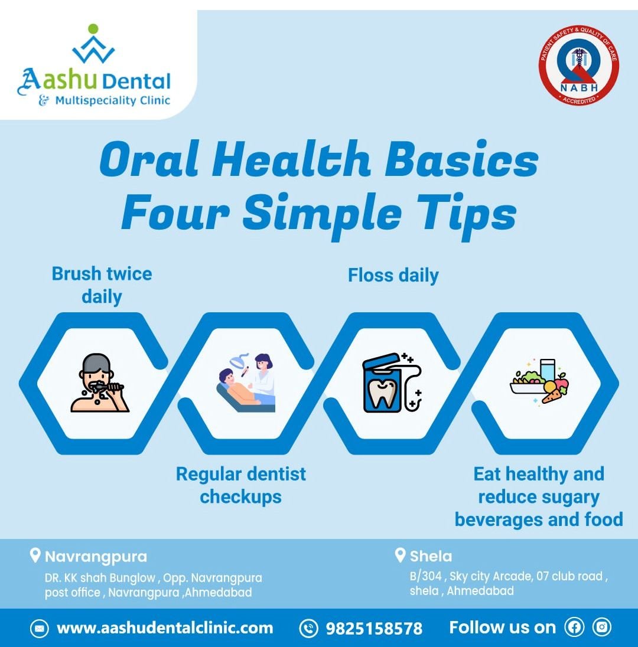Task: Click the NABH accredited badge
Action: [578, 65]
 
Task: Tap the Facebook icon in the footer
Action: [574, 627]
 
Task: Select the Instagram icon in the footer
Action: [601, 627]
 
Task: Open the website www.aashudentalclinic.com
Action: [165, 628]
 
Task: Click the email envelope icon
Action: [39, 629]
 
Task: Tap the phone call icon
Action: [308, 628]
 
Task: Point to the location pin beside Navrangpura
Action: [35, 555]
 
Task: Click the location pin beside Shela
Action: [400, 555]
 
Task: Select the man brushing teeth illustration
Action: [100, 383]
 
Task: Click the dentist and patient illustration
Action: [246, 383]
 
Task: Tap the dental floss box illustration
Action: [392, 383]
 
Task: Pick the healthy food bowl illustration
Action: [539, 382]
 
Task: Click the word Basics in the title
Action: [461, 160]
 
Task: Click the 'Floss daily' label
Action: [393, 276]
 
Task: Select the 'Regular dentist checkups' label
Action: [241, 485]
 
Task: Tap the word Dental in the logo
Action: [136, 81]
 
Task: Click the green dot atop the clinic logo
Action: [93, 28]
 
